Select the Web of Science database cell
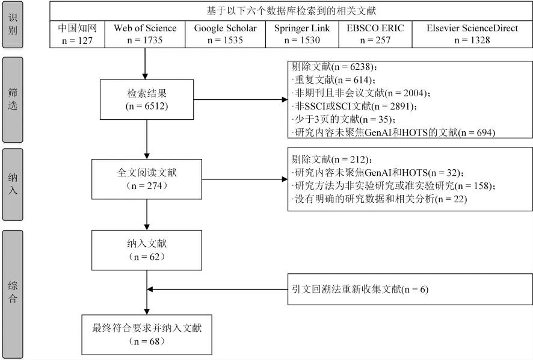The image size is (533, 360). (146, 34)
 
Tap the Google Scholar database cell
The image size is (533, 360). (226, 34)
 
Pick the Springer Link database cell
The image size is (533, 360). (303, 34)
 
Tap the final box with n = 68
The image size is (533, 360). (146, 334)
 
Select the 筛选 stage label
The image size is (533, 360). (13, 100)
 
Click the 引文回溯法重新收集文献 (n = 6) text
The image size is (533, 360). (359, 290)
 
